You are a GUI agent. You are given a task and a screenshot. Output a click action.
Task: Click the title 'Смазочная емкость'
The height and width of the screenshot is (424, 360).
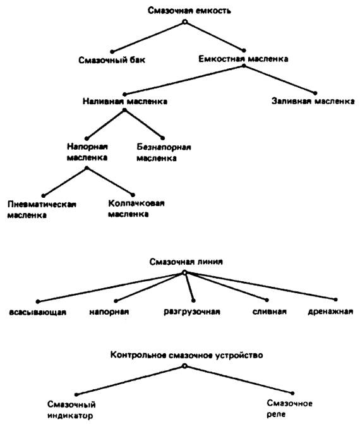click(x=189, y=11)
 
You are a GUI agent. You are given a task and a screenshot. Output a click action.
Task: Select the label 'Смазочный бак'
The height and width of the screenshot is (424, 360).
click(x=112, y=60)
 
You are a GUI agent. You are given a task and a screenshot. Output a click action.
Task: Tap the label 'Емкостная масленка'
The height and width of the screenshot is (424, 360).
click(x=243, y=59)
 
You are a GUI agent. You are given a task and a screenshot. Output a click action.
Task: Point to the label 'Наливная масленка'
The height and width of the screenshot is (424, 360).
click(x=125, y=101)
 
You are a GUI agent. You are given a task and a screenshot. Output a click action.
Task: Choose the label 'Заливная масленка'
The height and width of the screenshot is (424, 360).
click(x=313, y=101)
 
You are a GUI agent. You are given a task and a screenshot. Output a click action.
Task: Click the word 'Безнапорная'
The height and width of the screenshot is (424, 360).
click(x=164, y=147)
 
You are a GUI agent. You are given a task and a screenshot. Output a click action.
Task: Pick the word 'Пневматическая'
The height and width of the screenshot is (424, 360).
click(x=42, y=204)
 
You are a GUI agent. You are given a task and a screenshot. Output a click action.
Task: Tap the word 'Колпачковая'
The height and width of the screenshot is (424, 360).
click(x=136, y=203)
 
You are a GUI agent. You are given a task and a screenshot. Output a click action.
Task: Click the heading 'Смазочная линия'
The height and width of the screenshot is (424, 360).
click(x=186, y=262)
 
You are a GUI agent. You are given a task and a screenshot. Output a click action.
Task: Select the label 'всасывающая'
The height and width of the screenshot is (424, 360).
click(x=37, y=312)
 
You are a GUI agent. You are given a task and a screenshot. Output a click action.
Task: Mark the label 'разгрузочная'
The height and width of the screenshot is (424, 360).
click(x=192, y=312)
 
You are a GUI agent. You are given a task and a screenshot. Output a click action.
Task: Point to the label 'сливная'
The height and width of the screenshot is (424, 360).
click(x=270, y=312)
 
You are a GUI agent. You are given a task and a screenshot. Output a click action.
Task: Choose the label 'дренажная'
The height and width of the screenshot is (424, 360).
click(x=330, y=312)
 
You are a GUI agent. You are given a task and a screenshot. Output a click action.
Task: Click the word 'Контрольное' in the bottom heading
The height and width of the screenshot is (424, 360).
click(x=138, y=354)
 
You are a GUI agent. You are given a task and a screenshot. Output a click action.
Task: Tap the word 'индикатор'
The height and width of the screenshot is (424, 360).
click(x=70, y=415)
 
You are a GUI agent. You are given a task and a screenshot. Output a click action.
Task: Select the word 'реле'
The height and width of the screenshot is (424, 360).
click(x=276, y=414)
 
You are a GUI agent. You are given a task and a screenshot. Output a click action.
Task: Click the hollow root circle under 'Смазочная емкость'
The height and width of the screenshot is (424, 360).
click(x=184, y=22)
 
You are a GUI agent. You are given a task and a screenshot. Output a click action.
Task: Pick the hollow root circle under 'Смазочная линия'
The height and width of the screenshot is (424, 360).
click(x=184, y=272)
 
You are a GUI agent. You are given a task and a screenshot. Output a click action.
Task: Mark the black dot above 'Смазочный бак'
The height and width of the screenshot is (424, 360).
click(x=112, y=52)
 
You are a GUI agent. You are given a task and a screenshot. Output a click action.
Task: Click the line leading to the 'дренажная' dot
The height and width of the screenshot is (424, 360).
click(x=260, y=286)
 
